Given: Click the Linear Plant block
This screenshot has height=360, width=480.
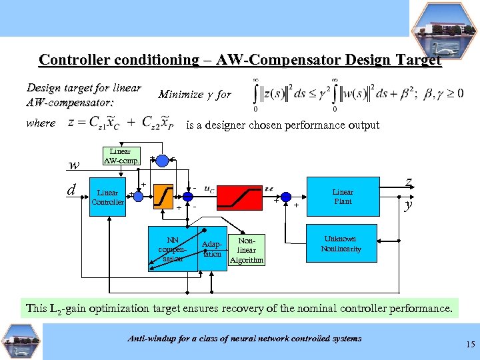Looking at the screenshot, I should click(343, 197).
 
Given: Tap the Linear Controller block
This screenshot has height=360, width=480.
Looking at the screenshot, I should click(108, 197).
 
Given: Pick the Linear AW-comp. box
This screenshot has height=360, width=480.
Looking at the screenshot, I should click(120, 156).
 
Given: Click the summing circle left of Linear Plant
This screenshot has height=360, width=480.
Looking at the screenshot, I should click(287, 197).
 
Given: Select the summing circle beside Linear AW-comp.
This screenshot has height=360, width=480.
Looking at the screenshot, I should click(162, 159).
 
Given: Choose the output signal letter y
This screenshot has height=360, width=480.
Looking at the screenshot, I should click(408, 205).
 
